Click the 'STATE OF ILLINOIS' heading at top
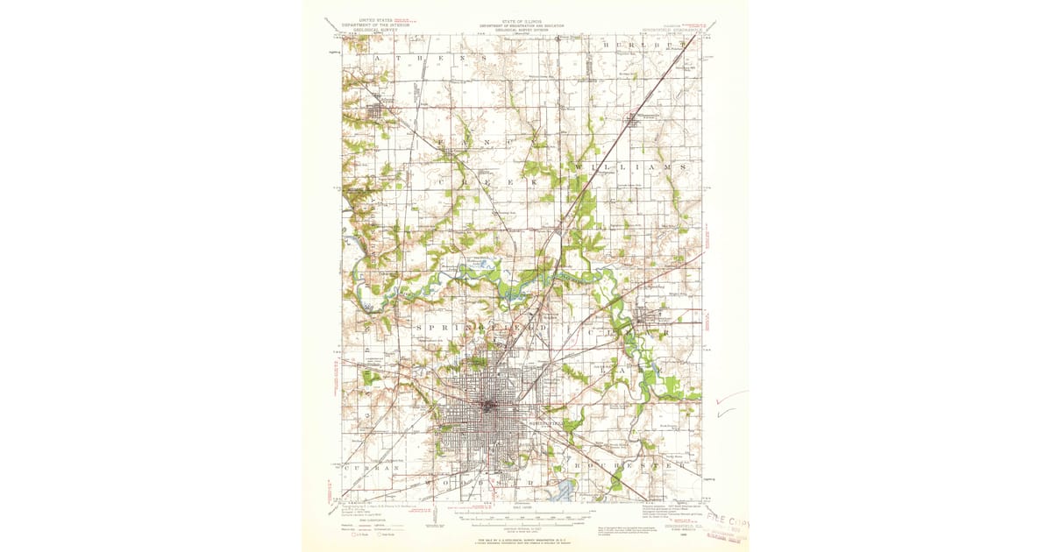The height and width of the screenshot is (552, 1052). pyautogui.click(x=521, y=21)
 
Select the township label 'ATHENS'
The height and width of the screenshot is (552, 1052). pyautogui.click(x=429, y=58)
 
